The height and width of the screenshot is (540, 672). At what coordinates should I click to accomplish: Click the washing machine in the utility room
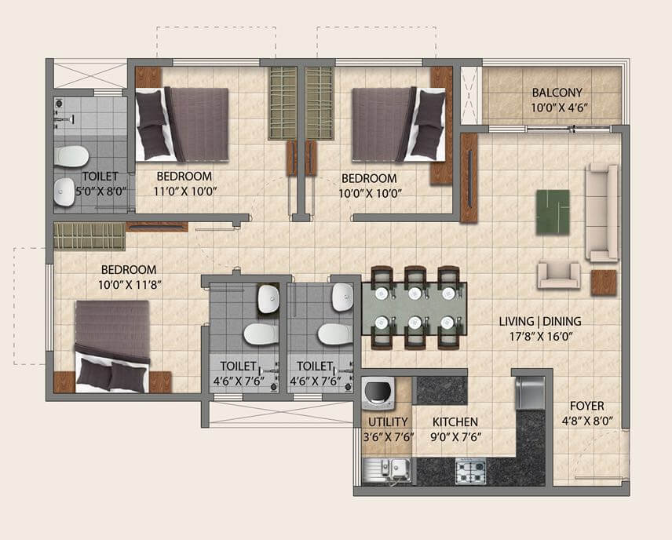(x=381, y=392)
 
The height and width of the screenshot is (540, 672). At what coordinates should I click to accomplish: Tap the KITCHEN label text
(x=455, y=422)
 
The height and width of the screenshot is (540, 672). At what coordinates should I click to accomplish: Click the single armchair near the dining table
(x=559, y=275)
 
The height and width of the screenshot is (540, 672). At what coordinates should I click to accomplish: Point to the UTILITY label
(x=387, y=422)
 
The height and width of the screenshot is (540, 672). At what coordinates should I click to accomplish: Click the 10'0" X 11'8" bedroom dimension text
(x=128, y=283)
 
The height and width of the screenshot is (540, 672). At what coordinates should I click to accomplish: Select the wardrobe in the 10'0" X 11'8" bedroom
(x=89, y=236)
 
